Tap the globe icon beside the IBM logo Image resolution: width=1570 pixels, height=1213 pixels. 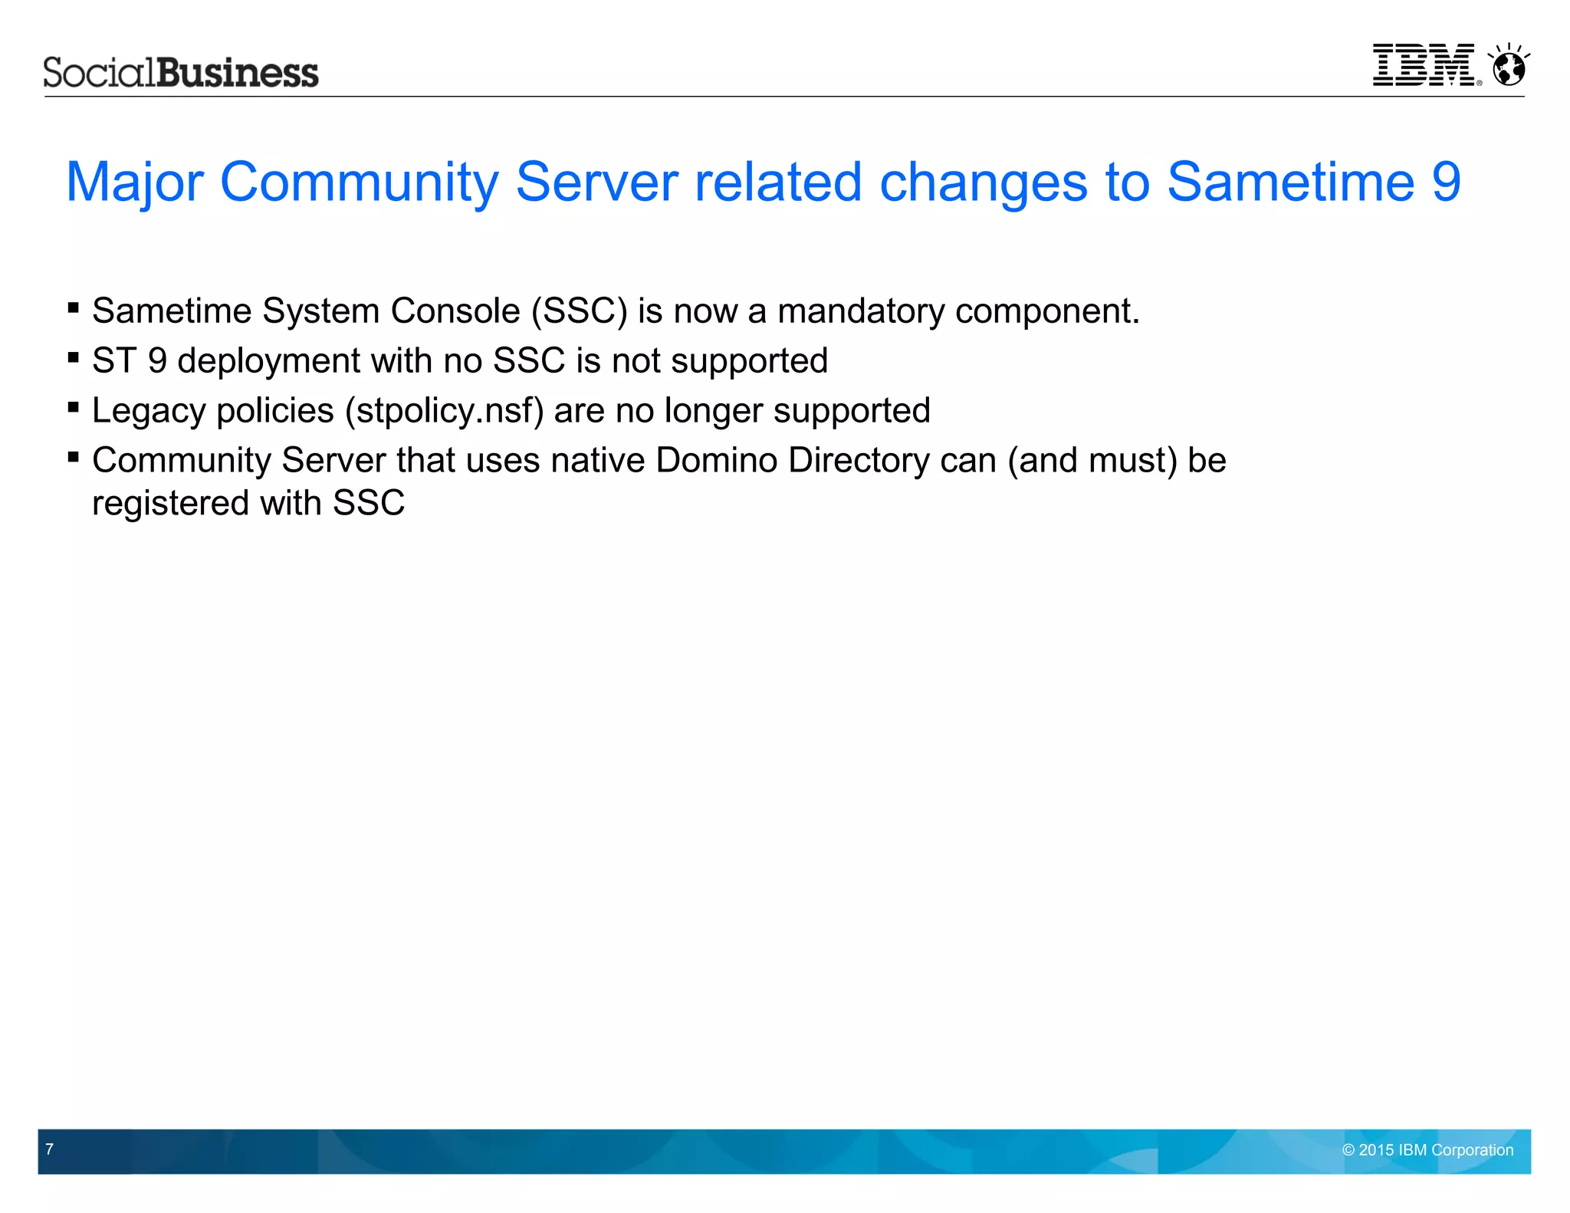[1509, 67]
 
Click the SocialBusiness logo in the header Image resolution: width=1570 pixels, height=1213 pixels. [181, 73]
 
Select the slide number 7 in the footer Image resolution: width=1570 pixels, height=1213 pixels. [50, 1149]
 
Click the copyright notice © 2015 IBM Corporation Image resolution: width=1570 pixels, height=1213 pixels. [1427, 1150]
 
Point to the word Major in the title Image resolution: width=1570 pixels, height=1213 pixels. [135, 182]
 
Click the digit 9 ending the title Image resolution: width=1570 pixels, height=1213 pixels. [1446, 182]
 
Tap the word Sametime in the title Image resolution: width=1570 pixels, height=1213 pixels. [1291, 182]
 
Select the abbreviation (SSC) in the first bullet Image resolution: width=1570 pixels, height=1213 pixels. [580, 311]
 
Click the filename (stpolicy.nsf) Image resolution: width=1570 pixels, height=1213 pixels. [445, 411]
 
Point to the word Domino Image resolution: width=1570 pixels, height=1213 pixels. [716, 461]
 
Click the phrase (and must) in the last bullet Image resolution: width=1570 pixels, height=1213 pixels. [1092, 461]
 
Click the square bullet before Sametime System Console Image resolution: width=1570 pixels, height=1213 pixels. [74, 308]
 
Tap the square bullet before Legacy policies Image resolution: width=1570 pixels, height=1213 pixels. [74, 408]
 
